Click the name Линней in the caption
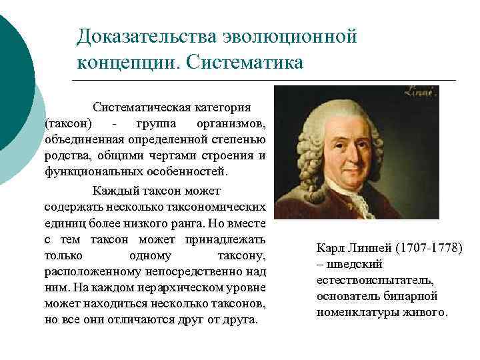369,249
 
